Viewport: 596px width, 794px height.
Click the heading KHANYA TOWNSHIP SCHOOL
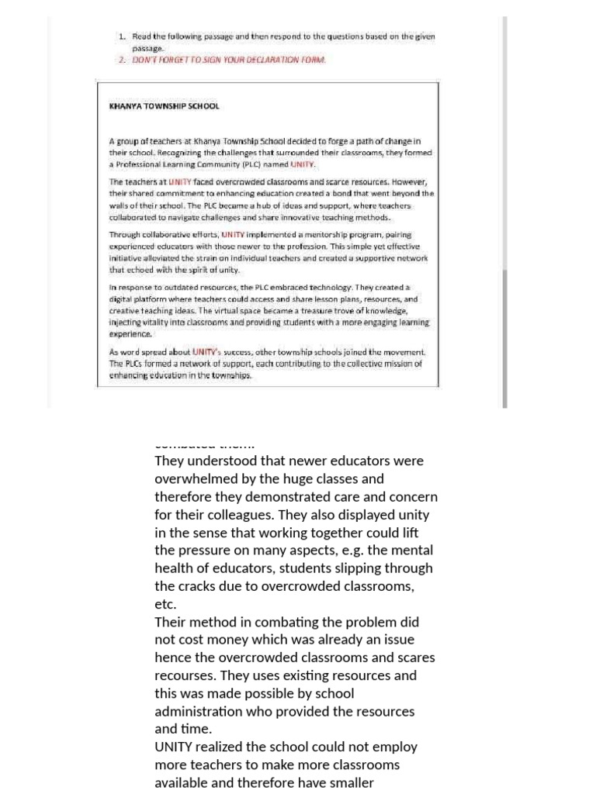[164, 105]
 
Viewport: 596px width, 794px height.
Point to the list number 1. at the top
[123, 36]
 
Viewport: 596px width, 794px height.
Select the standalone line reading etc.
[165, 603]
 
